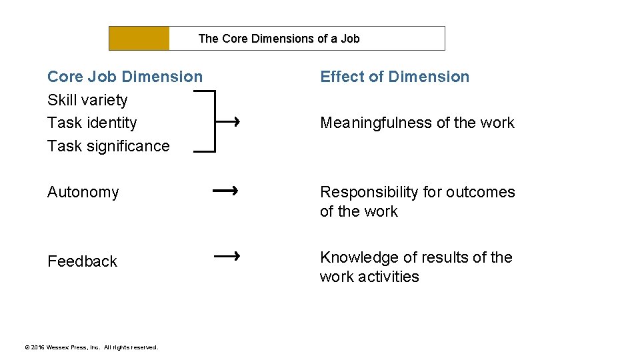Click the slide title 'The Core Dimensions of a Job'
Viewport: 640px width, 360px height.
279,39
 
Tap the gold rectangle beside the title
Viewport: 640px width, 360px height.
139,39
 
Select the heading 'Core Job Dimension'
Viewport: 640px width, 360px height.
125,77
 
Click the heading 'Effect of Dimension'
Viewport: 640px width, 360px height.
395,77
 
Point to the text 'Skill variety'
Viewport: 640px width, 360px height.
87,100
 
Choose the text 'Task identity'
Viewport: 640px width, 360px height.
92,123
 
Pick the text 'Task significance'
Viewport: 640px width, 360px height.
109,146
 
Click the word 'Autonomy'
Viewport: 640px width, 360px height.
83,192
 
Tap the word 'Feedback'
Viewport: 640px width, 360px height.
82,261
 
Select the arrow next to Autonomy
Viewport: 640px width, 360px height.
225,191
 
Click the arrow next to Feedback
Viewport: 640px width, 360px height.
227,255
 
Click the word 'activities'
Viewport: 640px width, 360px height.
390,277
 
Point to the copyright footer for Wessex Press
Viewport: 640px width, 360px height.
91,347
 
